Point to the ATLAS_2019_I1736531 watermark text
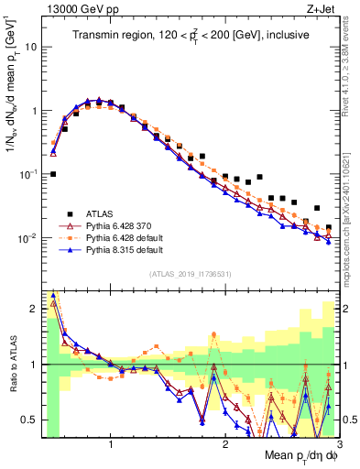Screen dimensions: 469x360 coord(190,273)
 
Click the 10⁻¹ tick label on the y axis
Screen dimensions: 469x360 coord(27,174)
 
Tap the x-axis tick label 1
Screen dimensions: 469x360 coord(111,445)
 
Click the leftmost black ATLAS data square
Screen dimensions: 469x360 coord(53,173)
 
